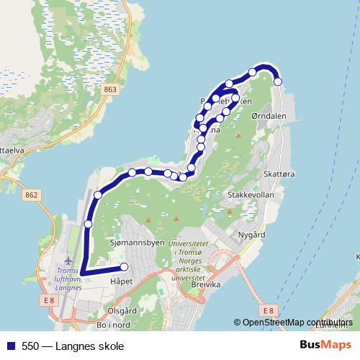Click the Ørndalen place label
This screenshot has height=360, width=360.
coord(270,114)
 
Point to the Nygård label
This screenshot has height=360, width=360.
coord(251,235)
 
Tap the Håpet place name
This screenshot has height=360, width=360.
coord(121,282)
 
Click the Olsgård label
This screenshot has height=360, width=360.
coord(122,311)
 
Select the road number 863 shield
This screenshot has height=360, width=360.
coord(109,89)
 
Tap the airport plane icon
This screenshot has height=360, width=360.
coord(68,259)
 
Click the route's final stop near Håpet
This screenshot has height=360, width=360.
coord(124,268)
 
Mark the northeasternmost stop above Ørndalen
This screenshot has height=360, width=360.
coord(278,82)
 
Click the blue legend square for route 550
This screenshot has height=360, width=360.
coord(9,346)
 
